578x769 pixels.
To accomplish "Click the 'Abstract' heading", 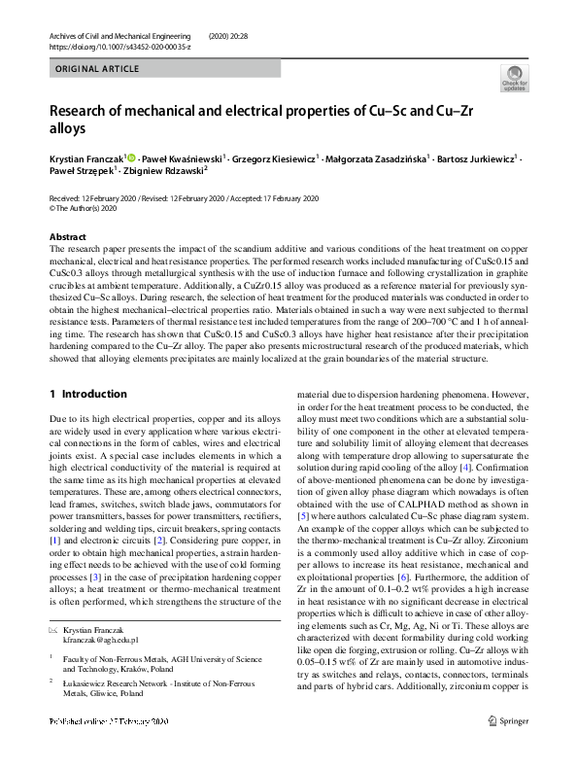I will tap(67, 236).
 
